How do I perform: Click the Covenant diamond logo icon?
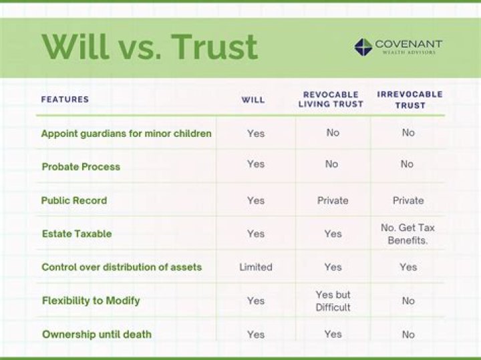click(x=363, y=46)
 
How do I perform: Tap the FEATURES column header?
click(x=65, y=100)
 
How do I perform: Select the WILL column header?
click(x=253, y=100)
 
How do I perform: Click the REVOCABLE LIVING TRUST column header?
click(x=331, y=100)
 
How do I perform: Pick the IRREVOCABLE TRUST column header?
click(x=410, y=100)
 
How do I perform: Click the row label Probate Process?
click(x=81, y=167)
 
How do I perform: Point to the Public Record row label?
click(x=73, y=200)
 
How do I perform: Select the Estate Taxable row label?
click(x=76, y=234)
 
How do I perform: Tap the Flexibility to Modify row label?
click(x=91, y=301)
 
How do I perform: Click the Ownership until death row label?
click(x=96, y=334)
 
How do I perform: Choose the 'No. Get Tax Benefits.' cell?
click(x=408, y=234)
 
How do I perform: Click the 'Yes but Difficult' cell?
click(x=333, y=301)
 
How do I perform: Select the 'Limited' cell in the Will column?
click(x=256, y=267)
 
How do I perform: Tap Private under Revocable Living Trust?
click(x=333, y=200)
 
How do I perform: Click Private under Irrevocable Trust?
click(x=408, y=200)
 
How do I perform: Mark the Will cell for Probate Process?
click(x=256, y=164)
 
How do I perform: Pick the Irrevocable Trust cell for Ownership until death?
click(x=408, y=335)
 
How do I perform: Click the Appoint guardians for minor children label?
click(x=126, y=134)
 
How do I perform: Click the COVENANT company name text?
click(x=408, y=43)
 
